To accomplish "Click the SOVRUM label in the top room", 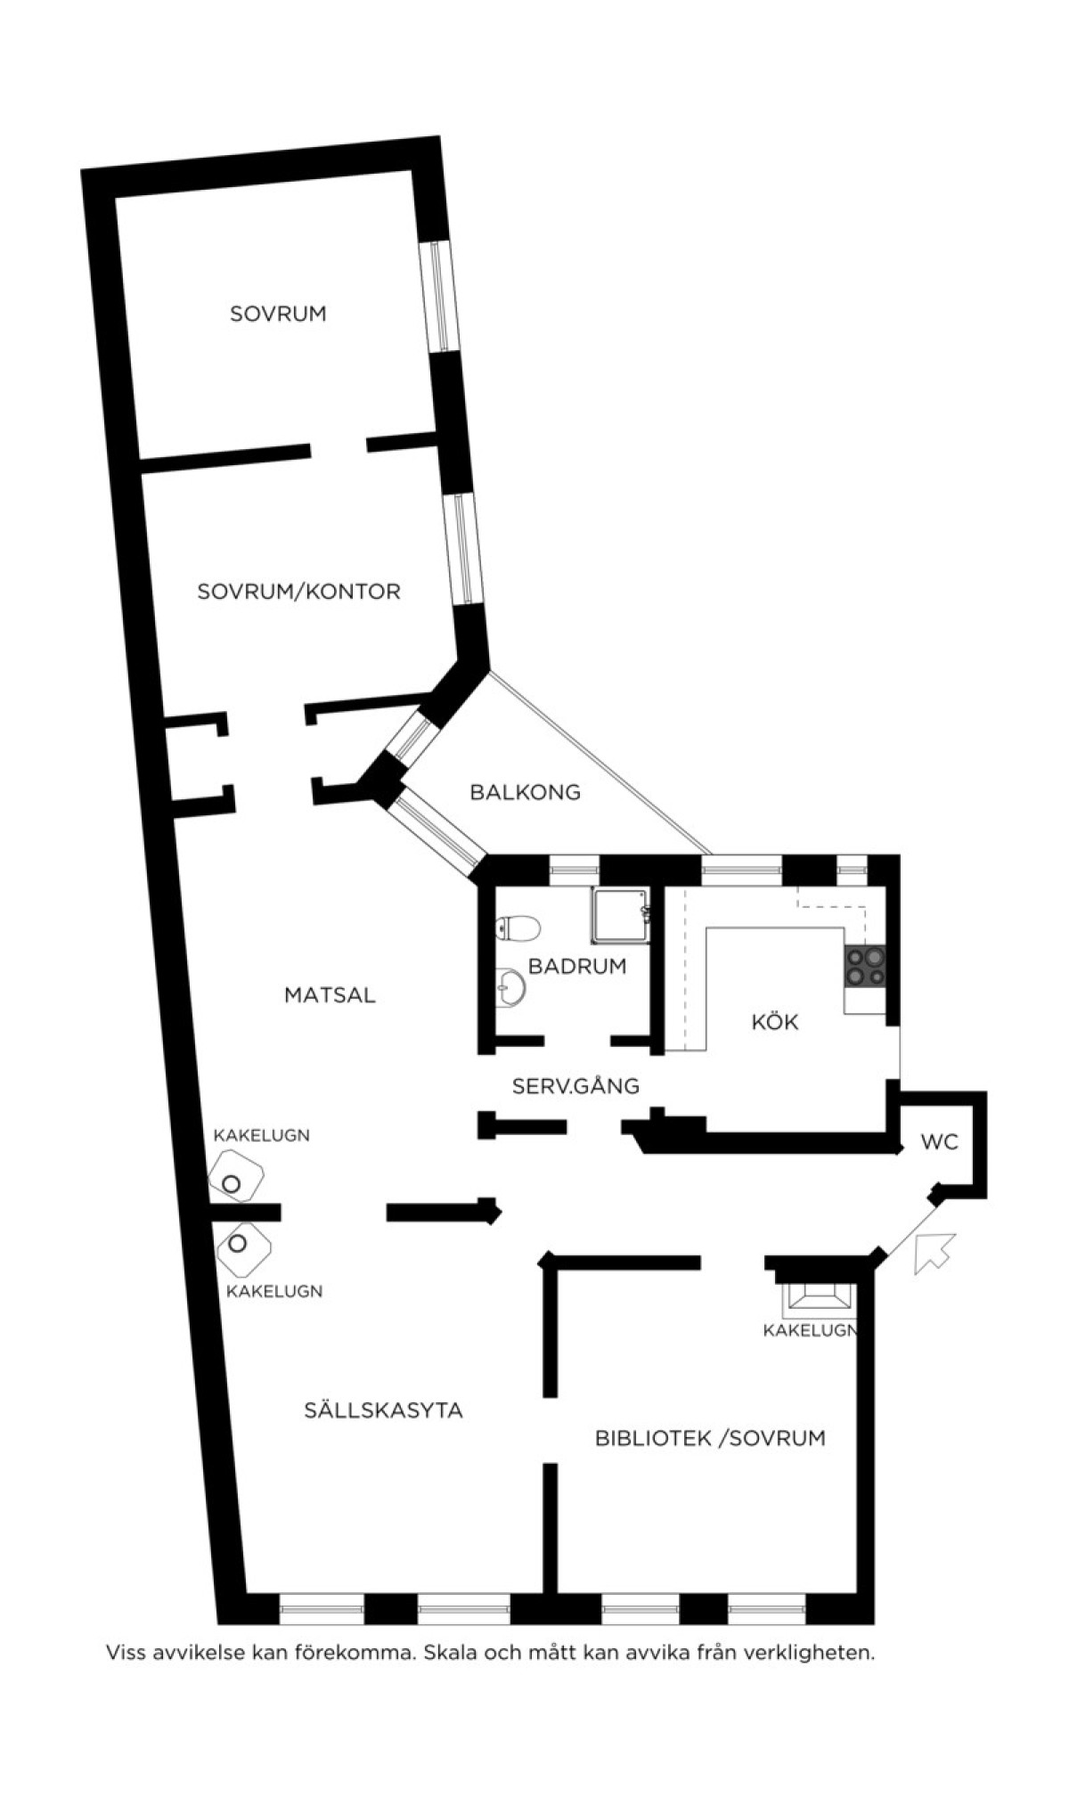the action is (278, 314).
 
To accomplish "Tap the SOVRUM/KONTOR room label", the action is (298, 592).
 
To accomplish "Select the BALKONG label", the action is (526, 792).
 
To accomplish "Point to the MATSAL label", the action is (330, 994).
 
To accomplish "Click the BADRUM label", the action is (577, 966).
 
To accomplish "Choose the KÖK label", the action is (775, 1021).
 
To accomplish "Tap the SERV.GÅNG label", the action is (575, 1086).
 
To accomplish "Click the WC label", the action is (939, 1141).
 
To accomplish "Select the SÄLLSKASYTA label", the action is (383, 1410).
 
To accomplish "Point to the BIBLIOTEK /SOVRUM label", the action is (710, 1438).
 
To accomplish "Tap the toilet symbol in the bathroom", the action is (518, 928).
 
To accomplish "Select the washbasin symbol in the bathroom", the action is (510, 987).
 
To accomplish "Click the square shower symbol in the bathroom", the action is (619, 916).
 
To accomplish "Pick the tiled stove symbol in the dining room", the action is (235, 1177).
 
